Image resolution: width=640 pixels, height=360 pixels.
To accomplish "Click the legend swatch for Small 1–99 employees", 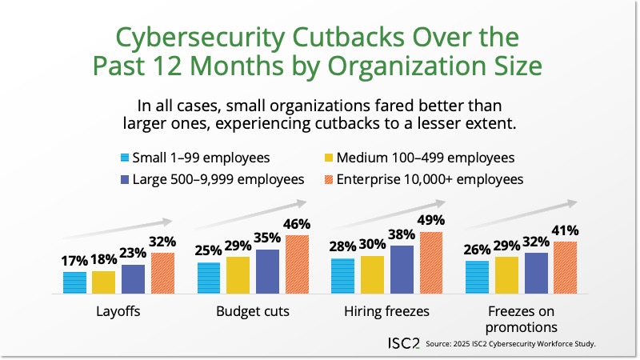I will (x=123, y=158).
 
